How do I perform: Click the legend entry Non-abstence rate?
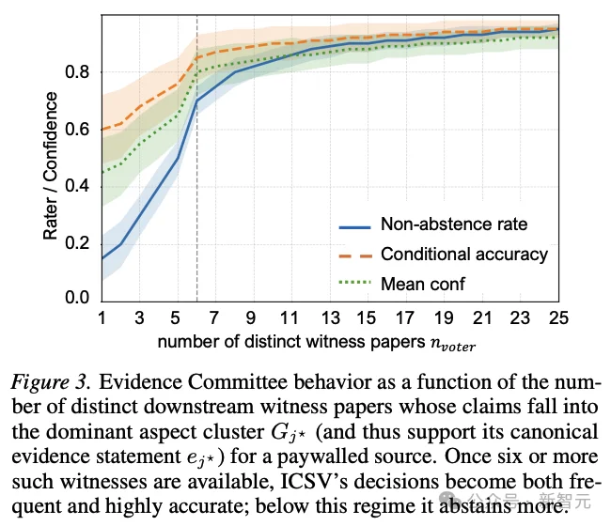coord(453,224)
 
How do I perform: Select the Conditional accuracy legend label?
coord(463,255)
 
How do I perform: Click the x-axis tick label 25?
coord(558,318)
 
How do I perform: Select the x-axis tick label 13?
coord(330,318)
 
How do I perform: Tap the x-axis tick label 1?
coord(102,318)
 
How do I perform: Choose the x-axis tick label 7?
coord(215,318)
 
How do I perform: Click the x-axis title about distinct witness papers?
coord(316,343)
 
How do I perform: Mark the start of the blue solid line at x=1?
coord(102,257)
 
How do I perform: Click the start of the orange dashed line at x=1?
coord(102,130)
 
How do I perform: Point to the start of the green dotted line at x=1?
coord(102,172)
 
